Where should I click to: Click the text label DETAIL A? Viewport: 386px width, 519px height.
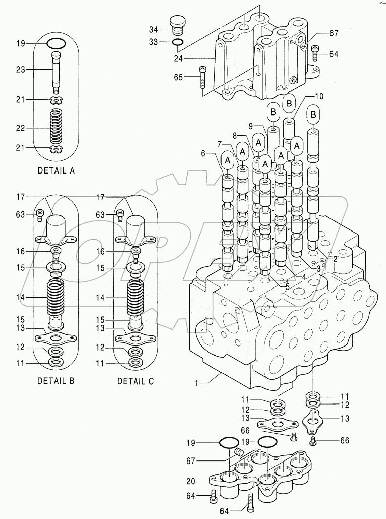click(56, 170)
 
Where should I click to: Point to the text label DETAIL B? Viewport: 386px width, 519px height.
click(56, 381)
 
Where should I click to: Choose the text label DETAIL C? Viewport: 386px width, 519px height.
click(135, 381)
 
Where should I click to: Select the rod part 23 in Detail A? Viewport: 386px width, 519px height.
click(56, 71)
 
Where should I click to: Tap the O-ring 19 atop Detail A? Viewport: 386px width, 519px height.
click(56, 44)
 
